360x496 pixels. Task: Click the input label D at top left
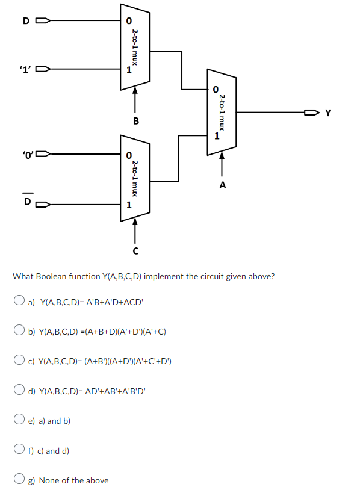coord(26,21)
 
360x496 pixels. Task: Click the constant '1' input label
coord(26,69)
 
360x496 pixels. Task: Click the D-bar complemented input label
coord(26,202)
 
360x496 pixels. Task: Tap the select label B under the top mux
coord(135,122)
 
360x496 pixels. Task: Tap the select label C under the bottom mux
coord(135,250)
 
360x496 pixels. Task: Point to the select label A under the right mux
coord(222,185)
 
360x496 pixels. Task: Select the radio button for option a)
coord(20,302)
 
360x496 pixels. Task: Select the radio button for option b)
coord(20,331)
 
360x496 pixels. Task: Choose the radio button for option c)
coord(20,361)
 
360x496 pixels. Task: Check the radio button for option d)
coord(20,391)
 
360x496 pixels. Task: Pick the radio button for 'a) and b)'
coord(20,421)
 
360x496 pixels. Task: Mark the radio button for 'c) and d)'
coord(20,450)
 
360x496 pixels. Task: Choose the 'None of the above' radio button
coord(20,480)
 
